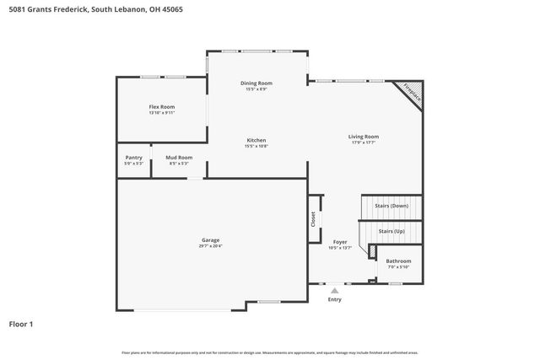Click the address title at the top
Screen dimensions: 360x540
click(94, 8)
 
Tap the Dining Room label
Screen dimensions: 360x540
click(256, 83)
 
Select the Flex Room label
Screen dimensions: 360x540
click(161, 107)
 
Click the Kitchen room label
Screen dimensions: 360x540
click(256, 140)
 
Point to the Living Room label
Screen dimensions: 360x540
click(364, 137)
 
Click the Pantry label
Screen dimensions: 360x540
click(133, 157)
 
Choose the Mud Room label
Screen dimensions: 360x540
click(179, 157)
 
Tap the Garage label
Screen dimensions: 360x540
click(210, 240)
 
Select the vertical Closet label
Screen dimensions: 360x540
click(314, 218)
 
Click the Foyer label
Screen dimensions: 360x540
click(339, 242)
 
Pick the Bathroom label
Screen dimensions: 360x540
click(399, 261)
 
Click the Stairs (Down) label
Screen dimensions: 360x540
click(392, 206)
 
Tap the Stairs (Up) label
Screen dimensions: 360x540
click(392, 231)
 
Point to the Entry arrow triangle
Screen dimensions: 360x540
click(334, 290)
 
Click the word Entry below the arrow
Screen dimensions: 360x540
click(334, 299)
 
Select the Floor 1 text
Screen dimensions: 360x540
click(21, 324)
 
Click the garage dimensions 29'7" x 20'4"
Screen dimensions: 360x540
click(210, 246)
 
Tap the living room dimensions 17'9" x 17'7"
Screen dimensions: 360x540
click(364, 142)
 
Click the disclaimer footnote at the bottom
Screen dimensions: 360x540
click(269, 352)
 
